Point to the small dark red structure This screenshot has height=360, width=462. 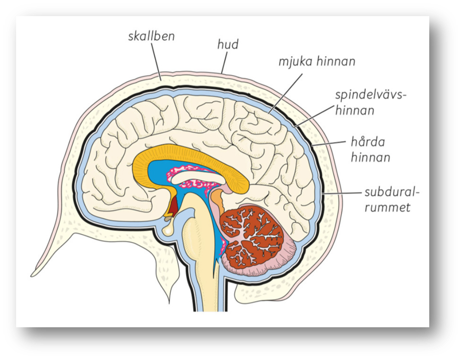173,206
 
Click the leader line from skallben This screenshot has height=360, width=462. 157,61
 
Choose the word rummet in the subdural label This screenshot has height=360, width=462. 389,207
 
